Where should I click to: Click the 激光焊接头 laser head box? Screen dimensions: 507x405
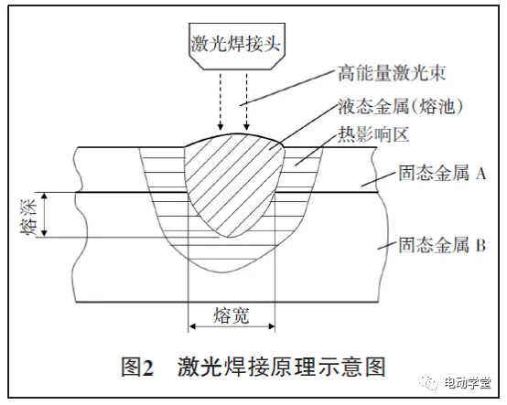237,46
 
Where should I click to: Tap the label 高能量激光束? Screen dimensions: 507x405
392,73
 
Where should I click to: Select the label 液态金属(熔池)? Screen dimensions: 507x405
400,106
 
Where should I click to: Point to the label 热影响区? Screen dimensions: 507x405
373,134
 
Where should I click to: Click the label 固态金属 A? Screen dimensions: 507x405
442,174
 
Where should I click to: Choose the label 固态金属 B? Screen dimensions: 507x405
442,245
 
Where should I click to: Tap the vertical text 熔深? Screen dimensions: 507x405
28,216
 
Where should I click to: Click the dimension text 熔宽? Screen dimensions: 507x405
232,315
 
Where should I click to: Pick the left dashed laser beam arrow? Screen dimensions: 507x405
221,101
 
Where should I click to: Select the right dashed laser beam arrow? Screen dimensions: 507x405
247,101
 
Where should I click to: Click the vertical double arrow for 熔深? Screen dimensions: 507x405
45,215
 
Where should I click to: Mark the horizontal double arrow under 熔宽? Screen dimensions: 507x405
232,326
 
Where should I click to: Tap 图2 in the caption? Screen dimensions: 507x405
137,367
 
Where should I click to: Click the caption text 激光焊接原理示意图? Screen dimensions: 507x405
281,367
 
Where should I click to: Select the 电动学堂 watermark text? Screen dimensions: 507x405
468,383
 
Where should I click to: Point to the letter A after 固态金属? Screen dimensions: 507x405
480,174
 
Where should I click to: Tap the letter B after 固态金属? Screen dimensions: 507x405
480,245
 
